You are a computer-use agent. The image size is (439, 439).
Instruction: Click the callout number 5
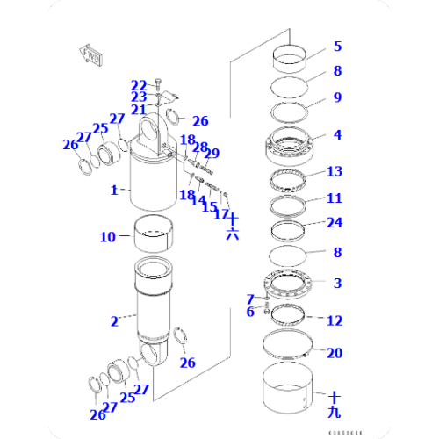click(336, 46)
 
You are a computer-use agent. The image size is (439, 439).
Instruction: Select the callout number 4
click(336, 135)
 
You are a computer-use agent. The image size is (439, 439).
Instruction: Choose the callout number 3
click(336, 283)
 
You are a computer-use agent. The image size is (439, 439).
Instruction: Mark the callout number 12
click(336, 320)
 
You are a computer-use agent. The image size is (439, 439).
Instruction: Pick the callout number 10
click(107, 236)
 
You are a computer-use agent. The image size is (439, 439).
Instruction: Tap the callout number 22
click(139, 84)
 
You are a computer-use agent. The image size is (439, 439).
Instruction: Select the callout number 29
click(212, 154)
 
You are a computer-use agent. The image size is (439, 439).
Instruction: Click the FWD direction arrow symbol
click(90, 56)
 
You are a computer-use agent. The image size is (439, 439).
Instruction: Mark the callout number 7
click(250, 299)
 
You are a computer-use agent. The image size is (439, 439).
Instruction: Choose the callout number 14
click(197, 200)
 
